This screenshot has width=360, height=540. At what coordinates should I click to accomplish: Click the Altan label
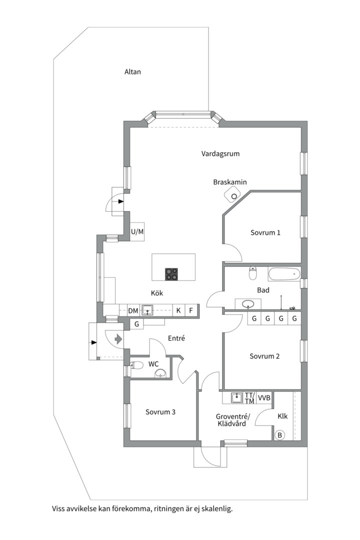132,71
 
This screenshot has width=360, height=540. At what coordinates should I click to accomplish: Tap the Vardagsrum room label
220,153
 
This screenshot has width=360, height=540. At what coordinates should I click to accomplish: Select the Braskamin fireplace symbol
232,195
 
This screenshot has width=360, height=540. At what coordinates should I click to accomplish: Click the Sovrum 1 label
265,232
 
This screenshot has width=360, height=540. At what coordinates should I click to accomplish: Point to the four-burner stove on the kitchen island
172,274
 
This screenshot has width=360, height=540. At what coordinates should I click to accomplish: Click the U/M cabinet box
137,232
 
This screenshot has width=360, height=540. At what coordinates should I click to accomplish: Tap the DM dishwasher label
133,310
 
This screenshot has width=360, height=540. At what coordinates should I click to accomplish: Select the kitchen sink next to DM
148,310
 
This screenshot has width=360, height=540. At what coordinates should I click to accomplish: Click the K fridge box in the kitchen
178,310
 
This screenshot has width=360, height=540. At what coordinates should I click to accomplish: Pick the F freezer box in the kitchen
191,310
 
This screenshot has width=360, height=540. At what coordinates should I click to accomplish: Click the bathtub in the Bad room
284,274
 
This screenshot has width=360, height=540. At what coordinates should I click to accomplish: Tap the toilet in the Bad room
253,273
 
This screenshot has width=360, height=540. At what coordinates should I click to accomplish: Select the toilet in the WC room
137,365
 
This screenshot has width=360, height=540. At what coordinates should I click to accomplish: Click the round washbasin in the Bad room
248,304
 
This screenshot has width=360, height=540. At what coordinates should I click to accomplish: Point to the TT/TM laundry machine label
249,398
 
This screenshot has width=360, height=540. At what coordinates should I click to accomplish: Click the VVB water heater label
264,398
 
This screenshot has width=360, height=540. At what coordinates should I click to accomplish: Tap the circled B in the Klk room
279,435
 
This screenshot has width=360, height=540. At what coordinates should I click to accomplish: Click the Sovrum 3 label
160,412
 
